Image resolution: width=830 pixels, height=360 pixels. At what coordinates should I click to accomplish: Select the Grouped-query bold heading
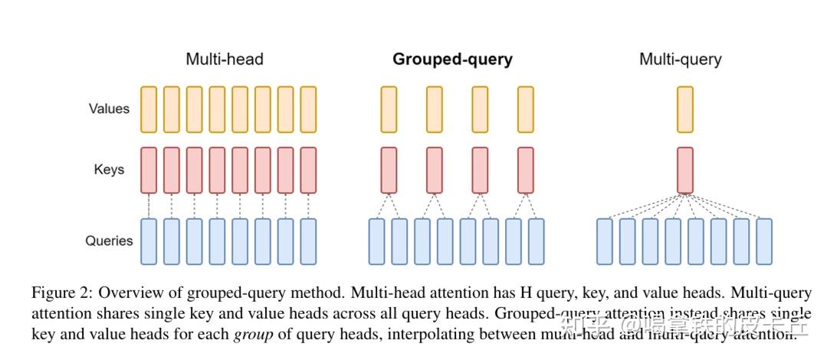coord(452,59)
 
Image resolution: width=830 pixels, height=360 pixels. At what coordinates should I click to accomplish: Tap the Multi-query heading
coord(680,59)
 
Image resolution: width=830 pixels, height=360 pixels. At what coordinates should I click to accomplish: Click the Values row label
coord(109,109)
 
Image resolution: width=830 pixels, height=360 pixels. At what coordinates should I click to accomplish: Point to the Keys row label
coord(109,169)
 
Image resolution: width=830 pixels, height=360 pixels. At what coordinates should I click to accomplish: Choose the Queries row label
coord(109,241)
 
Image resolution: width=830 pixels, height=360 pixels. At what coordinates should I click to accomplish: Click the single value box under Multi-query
coord(685,109)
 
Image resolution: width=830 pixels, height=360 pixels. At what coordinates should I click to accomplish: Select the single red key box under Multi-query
coord(685,170)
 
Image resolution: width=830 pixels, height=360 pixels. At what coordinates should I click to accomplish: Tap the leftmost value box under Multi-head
coord(149,109)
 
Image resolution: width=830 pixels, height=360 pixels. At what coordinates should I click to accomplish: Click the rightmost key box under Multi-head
coord(308,170)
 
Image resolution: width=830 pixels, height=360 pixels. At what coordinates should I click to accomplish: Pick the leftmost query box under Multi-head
coord(149,241)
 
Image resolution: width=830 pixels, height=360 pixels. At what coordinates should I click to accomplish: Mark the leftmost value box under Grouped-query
coord(389,109)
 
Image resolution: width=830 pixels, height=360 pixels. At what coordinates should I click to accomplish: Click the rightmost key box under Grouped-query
coord(525,170)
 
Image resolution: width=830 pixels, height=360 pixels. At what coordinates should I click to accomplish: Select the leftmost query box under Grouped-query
coord(376,241)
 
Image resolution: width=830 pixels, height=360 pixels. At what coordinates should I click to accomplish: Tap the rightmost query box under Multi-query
coord(764,241)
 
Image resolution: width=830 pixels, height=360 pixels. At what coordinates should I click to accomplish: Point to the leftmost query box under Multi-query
coord(605,241)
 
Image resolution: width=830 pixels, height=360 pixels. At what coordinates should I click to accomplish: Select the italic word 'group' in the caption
coord(253,335)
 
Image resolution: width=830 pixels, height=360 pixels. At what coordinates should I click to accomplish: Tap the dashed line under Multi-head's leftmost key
coord(149,205)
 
